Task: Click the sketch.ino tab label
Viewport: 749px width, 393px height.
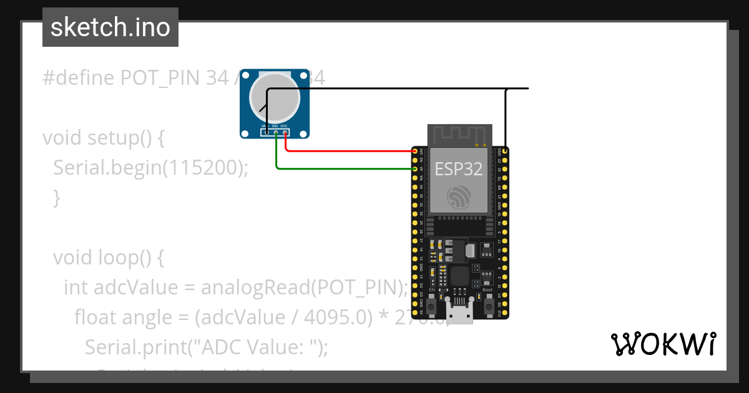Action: point(110,27)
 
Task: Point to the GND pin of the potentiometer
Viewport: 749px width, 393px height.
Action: point(267,132)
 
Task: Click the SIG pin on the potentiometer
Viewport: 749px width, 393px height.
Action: point(276,132)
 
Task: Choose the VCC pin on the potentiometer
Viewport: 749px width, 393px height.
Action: point(285,132)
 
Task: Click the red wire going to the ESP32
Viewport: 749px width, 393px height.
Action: point(350,151)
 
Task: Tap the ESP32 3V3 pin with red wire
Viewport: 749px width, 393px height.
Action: point(415,151)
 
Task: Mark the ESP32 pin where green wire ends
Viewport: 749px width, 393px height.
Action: point(415,168)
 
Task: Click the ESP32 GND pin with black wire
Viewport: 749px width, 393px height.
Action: point(506,151)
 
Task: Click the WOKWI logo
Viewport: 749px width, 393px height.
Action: point(663,344)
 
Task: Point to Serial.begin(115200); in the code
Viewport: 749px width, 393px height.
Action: point(150,168)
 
